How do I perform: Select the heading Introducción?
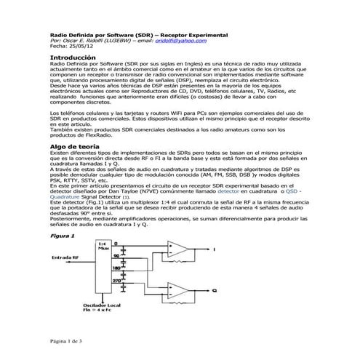tap(73, 57)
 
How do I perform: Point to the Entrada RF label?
tap(66, 257)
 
